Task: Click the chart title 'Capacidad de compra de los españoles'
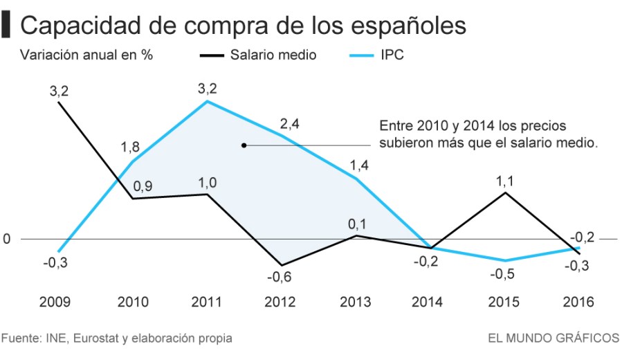tap(243, 26)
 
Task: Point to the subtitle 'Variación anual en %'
tap(86, 55)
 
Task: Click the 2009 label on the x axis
tap(55, 302)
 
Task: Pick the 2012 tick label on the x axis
tap(280, 302)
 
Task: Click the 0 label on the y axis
tap(8, 239)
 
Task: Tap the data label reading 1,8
tap(131, 147)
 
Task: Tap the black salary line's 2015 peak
tap(505, 192)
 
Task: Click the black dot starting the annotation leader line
tap(244, 145)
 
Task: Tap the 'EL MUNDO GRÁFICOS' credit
tap(553, 339)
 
